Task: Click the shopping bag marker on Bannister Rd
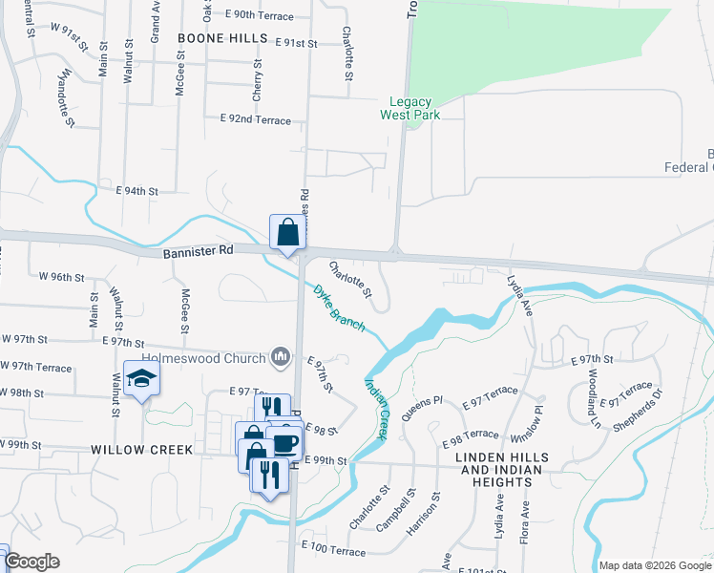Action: click(288, 232)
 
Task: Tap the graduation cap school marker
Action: click(141, 379)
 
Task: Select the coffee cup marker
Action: click(285, 442)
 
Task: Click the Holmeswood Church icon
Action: click(281, 357)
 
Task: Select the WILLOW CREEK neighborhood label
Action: click(142, 449)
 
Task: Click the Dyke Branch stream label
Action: click(339, 308)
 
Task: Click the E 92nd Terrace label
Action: click(255, 119)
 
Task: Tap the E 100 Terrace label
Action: click(333, 551)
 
